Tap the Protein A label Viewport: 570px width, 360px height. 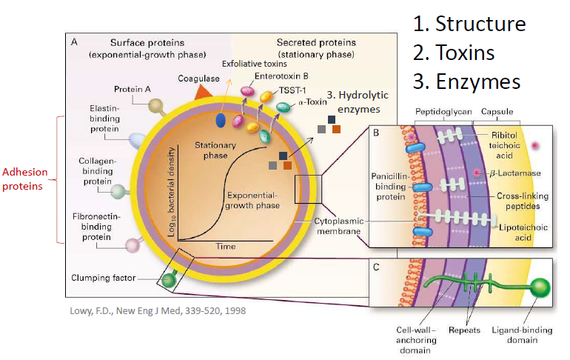pyautogui.click(x=133, y=89)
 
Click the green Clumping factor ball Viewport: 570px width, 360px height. pyautogui.click(x=167, y=280)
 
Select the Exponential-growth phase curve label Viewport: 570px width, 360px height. pyautogui.click(x=252, y=200)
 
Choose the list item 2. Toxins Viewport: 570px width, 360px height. pyautogui.click(x=454, y=53)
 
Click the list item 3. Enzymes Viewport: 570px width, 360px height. pyautogui.click(x=466, y=81)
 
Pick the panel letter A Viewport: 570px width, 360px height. pyautogui.click(x=74, y=42)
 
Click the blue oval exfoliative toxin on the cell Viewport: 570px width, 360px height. pyautogui.click(x=221, y=120)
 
